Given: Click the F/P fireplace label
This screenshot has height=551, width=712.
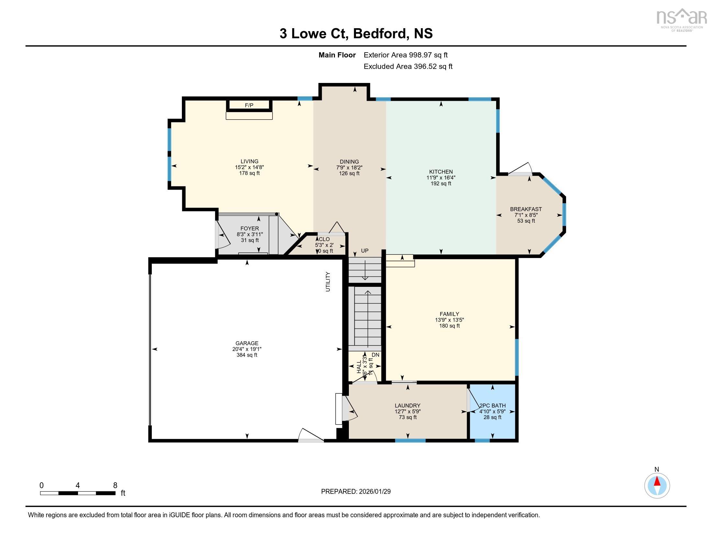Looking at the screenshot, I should point(249,105).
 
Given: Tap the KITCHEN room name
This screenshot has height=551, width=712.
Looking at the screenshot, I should point(441,172).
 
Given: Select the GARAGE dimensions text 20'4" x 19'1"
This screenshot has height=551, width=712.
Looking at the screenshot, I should point(247,349).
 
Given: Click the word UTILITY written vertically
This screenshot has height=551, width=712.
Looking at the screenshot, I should point(328,281).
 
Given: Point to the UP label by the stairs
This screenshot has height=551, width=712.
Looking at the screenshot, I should point(364,251).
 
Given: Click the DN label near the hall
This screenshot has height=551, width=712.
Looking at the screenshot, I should point(375,355).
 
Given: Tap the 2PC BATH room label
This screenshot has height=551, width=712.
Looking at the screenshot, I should point(492,405).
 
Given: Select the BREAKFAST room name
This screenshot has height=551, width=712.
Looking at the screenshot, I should point(526,209).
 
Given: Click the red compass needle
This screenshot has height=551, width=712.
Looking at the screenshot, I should point(657,481).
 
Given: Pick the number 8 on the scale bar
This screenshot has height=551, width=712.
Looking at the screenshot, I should point(115,486).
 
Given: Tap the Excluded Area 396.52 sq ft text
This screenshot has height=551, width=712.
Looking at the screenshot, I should point(408,66).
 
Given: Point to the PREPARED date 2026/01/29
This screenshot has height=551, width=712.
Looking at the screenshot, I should point(356,492).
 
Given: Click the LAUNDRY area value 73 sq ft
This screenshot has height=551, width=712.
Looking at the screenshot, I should point(407,417).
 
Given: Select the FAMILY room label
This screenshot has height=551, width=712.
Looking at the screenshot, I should point(449,314).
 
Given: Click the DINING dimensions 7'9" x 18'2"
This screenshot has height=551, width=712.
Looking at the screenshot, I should point(349,168).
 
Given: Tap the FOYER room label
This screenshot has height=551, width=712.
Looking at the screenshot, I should point(250,229).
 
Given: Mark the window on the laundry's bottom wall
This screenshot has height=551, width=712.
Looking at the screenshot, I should point(410,441).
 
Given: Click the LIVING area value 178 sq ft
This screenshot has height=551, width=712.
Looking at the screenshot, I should point(250,173).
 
